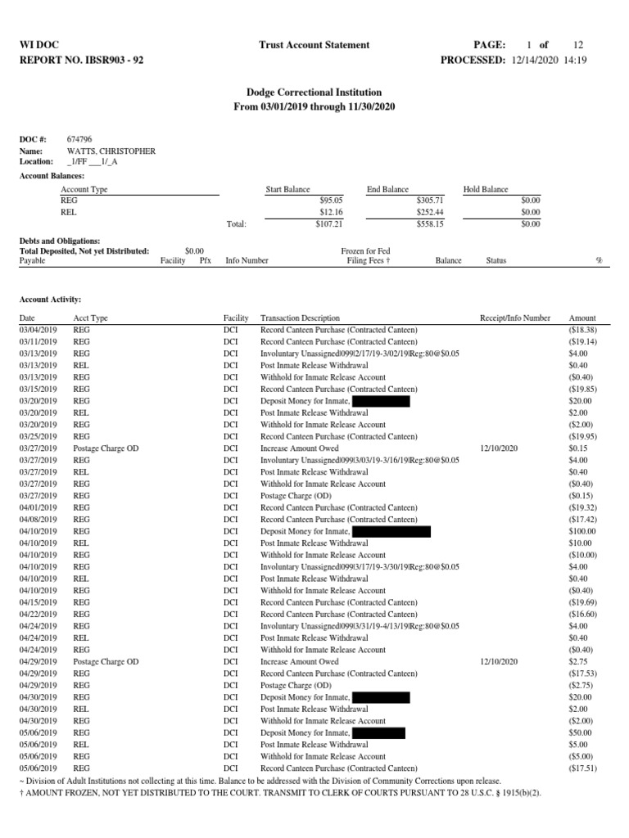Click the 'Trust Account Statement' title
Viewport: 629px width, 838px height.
pos(314,45)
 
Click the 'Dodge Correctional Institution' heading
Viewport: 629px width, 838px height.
pos(314,93)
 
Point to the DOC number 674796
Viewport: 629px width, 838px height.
pos(79,141)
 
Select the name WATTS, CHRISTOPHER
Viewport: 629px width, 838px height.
pos(111,151)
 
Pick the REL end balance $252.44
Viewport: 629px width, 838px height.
pos(428,211)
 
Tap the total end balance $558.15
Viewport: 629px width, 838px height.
pos(428,223)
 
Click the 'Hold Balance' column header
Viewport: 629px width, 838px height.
pos(486,189)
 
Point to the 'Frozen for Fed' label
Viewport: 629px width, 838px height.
pos(365,251)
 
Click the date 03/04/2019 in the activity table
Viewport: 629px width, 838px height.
pos(38,330)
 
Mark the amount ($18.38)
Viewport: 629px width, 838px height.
pos(581,330)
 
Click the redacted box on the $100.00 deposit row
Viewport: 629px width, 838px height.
pos(391,531)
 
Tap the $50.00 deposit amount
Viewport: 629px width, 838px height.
pos(582,732)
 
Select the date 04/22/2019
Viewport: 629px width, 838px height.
pos(38,614)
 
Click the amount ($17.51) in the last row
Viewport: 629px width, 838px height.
pos(581,768)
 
